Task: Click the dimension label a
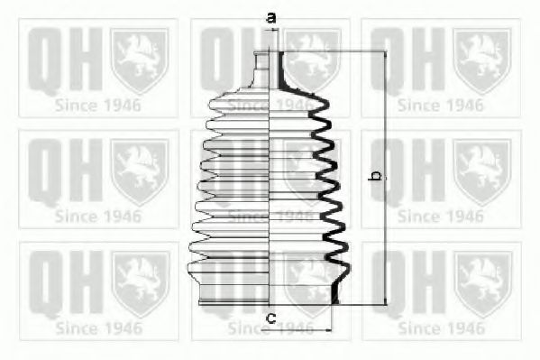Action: pyautogui.click(x=271, y=17)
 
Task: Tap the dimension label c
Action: pyautogui.click(x=271, y=318)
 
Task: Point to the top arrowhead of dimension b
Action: pyautogui.click(x=385, y=55)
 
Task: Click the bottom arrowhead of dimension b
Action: pyautogui.click(x=385, y=301)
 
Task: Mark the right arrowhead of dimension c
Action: pyautogui.click(x=328, y=330)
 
